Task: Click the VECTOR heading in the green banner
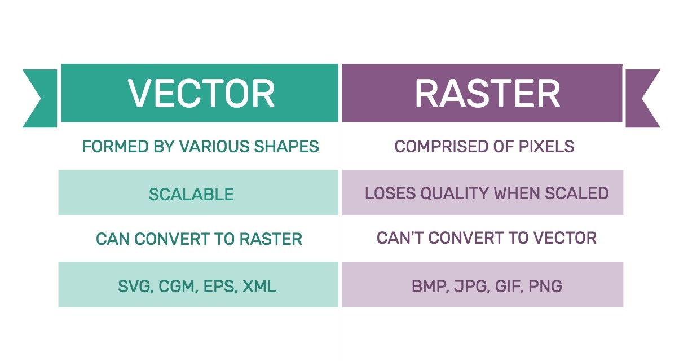pos(201,93)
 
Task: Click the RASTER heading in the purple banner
pos(487,93)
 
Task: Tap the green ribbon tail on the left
pos(40,98)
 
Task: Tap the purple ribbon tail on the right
pos(642,98)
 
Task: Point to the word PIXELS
pos(546,146)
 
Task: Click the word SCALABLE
pos(191,195)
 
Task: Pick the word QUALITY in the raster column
pos(455,193)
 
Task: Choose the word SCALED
pos(577,193)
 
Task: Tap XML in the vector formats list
pos(259,287)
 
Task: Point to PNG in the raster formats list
pos(545,287)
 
